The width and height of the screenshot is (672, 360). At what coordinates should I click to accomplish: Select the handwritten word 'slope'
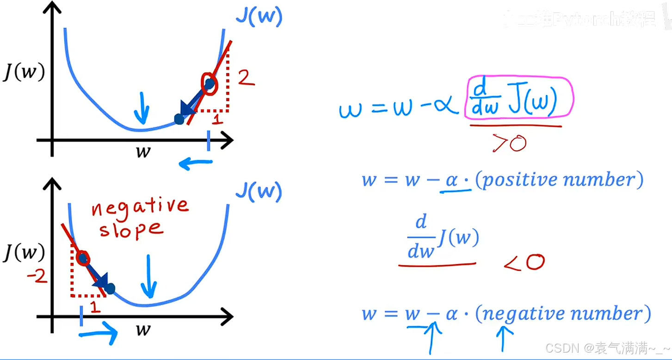click(x=131, y=229)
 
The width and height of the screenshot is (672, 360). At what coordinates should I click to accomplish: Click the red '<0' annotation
click(x=525, y=263)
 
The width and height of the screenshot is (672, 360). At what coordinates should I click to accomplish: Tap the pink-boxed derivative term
click(x=519, y=102)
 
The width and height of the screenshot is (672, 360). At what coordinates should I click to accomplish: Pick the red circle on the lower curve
click(x=83, y=258)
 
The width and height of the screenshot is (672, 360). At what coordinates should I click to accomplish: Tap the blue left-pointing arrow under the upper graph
click(x=196, y=163)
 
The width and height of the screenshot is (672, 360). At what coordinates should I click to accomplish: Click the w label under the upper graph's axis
click(x=143, y=151)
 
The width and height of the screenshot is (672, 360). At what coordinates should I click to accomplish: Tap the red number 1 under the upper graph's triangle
click(x=216, y=119)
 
